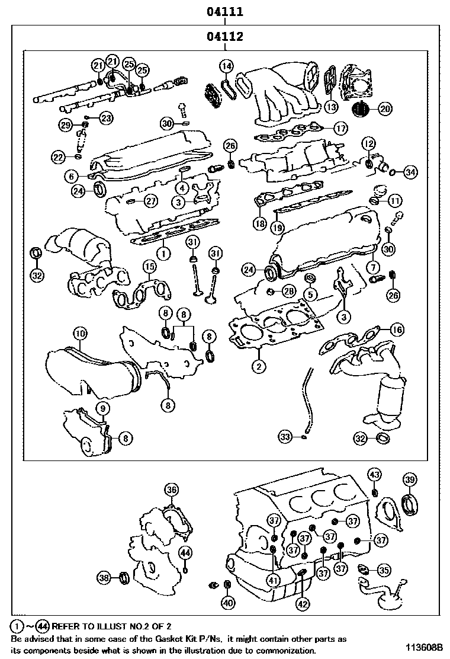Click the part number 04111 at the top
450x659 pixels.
pyautogui.click(x=225, y=11)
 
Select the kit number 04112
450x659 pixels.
pyautogui.click(x=225, y=37)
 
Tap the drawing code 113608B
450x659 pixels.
pyautogui.click(x=424, y=647)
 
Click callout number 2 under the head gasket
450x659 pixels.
pyautogui.click(x=258, y=366)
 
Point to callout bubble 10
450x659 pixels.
pyautogui.click(x=79, y=333)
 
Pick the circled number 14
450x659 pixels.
pyautogui.click(x=226, y=66)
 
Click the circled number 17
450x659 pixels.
pyautogui.click(x=340, y=127)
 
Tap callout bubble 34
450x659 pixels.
pyautogui.click(x=410, y=172)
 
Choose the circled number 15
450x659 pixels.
pyautogui.click(x=150, y=268)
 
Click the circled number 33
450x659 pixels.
pyautogui.click(x=285, y=437)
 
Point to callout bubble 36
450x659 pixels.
pyautogui.click(x=171, y=490)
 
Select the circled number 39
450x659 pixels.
pyautogui.click(x=410, y=479)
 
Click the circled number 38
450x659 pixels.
pyautogui.click(x=104, y=578)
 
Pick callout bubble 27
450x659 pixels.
pyautogui.click(x=150, y=201)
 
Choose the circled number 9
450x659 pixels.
pyautogui.click(x=102, y=408)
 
